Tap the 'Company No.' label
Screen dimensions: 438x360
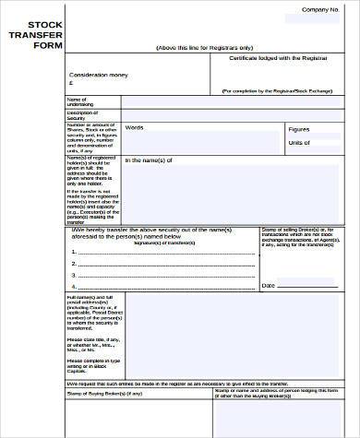pyautogui.click(x=320, y=9)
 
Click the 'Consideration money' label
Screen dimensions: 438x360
pyautogui.click(x=100, y=73)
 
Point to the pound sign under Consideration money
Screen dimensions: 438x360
pyautogui.click(x=72, y=81)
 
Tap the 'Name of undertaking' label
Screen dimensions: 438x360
pyautogui.click(x=78, y=101)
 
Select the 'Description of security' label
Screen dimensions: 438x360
pyautogui.click(x=81, y=114)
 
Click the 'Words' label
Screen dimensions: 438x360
pyautogui.click(x=135, y=127)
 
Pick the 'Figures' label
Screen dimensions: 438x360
pyautogui.click(x=299, y=130)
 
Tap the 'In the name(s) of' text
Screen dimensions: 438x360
pyautogui.click(x=150, y=160)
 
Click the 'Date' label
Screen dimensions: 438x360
pyautogui.click(x=269, y=287)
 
